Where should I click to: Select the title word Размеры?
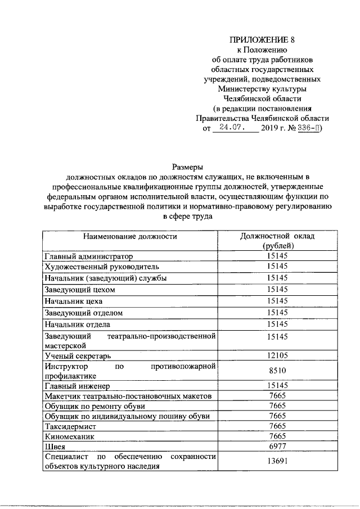186,166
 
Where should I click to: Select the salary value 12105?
278,355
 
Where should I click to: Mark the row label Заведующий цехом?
79,290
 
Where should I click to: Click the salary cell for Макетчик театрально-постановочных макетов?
278,396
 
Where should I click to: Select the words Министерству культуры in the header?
262,89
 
